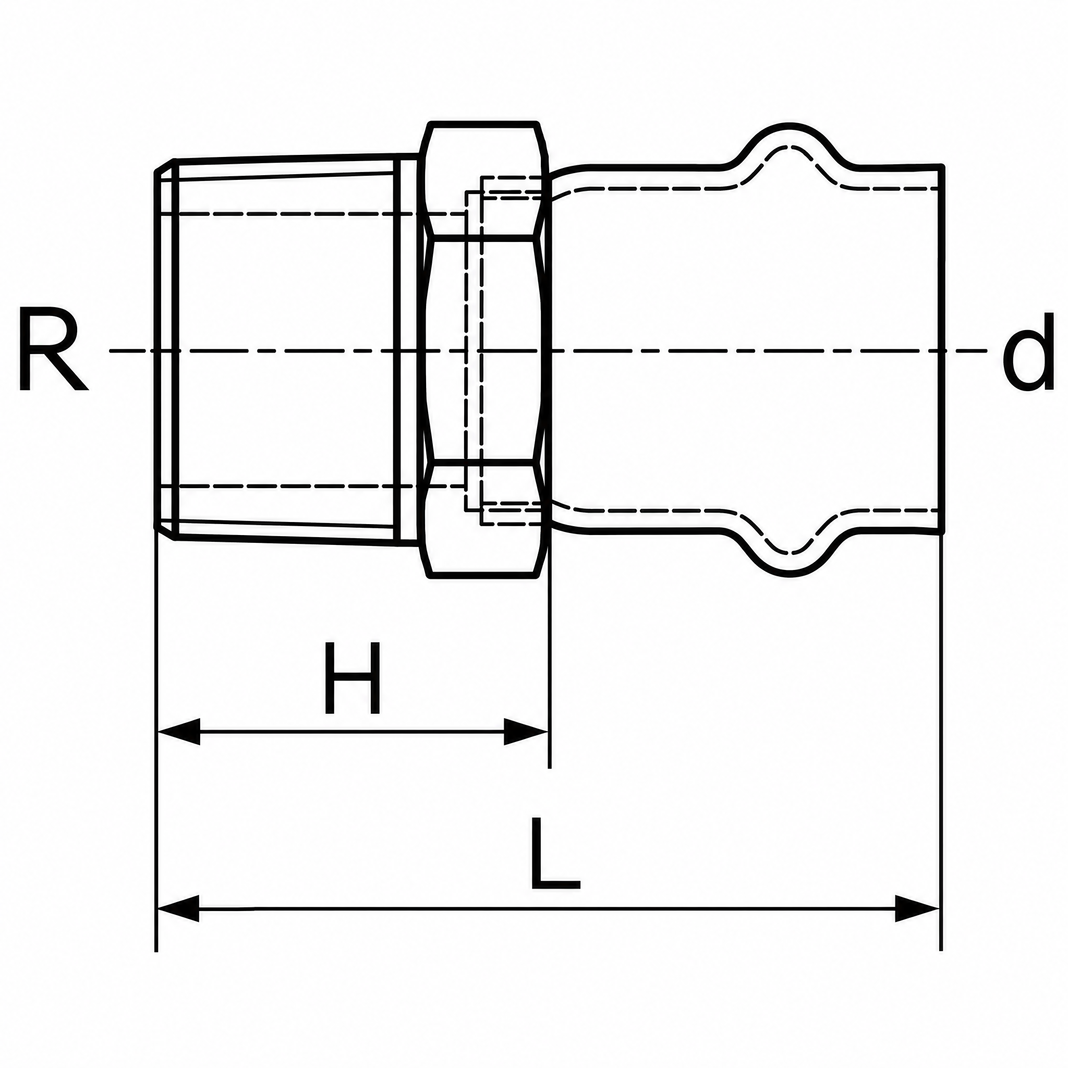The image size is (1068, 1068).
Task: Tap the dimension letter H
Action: [x=353, y=677]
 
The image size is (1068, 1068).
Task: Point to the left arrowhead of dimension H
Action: [x=178, y=731]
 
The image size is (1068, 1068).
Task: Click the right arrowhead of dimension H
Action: [x=526, y=731]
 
